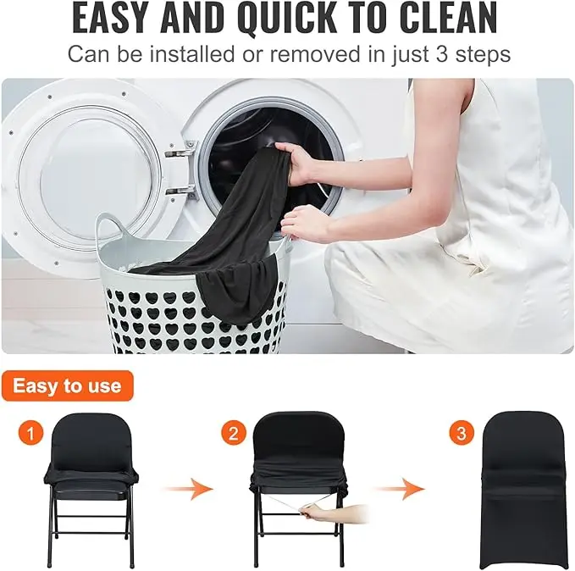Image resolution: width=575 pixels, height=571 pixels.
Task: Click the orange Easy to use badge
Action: [x=67, y=386]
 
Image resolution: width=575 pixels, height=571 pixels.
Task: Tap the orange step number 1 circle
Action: [x=30, y=435]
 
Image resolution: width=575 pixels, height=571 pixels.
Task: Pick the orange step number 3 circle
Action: [x=461, y=435]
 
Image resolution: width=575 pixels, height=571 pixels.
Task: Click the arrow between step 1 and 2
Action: [x=187, y=488]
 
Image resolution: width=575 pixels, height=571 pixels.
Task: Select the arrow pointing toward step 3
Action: [x=400, y=488]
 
